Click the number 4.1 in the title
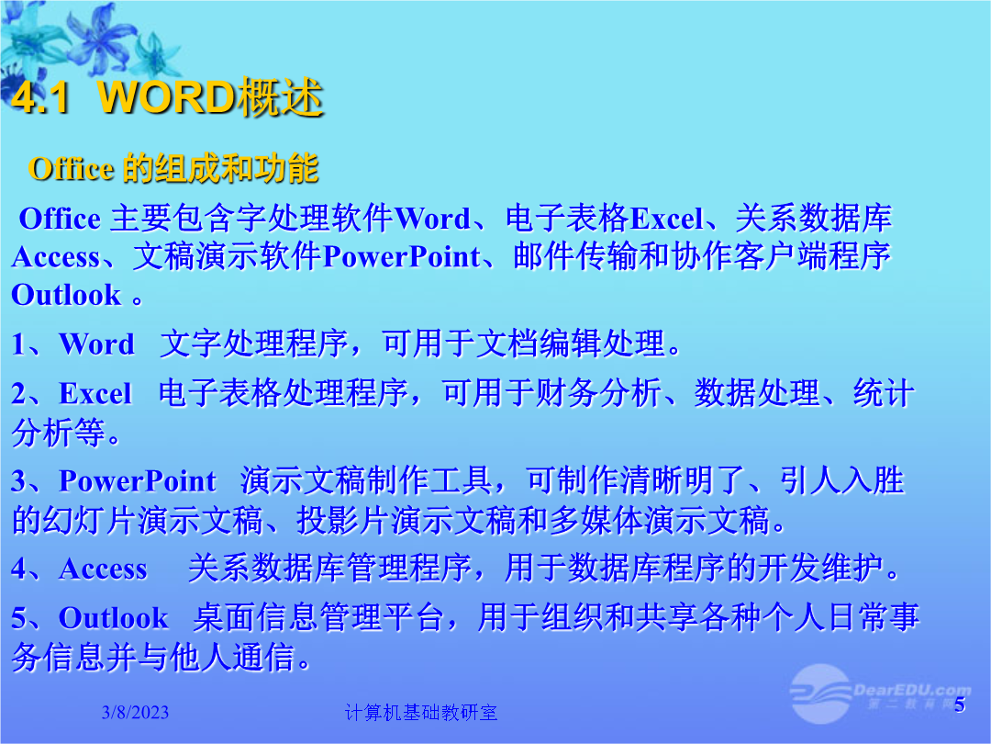pos(40,97)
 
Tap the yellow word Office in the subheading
pos(71,169)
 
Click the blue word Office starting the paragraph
pos(60,219)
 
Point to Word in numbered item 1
pos(96,344)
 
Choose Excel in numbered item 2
pos(95,393)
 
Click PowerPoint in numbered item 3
pos(138,480)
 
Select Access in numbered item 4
pos(103,569)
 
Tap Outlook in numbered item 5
pos(114,618)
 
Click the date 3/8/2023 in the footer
pos(135,713)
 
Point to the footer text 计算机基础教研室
pos(421,713)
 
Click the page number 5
pos(960,705)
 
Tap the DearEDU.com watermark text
pos(912,690)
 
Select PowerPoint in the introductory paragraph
pos(402,257)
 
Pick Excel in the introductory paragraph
pos(667,219)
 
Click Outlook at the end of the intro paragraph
pos(66,295)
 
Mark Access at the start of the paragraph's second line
pos(56,257)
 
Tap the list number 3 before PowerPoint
pos(18,480)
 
